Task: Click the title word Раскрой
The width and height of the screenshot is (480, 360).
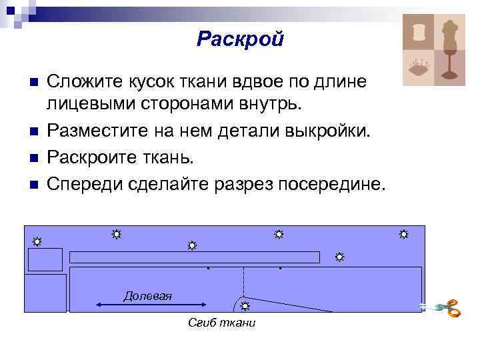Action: (240, 39)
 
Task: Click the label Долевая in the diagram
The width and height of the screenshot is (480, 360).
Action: (147, 295)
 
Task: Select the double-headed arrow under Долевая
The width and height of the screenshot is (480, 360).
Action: (124, 304)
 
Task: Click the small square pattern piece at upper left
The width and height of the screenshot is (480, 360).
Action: (45, 259)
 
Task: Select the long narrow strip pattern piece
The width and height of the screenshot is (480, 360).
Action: (195, 257)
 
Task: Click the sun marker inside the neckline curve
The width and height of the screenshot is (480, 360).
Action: (245, 305)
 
